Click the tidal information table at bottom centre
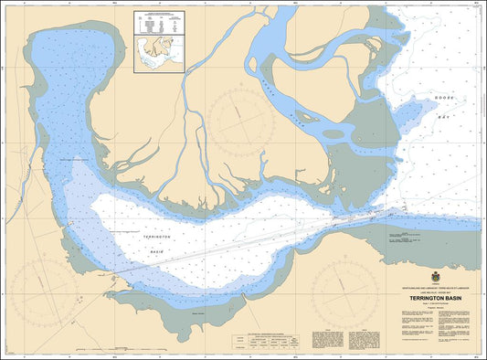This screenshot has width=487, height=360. (x=265, y=340)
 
